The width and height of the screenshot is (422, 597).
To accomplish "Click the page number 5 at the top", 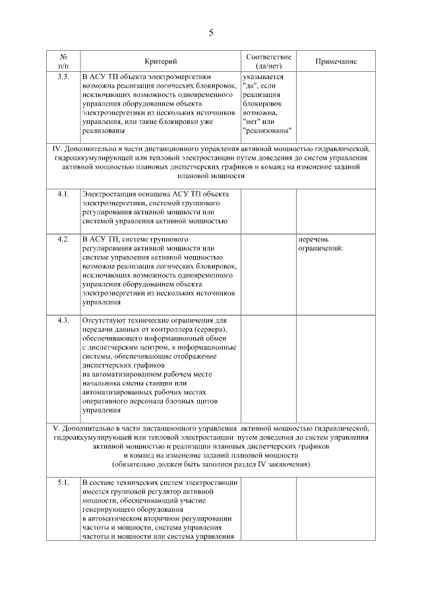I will tap(211, 32).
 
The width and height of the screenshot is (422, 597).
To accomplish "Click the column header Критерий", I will tap(161, 61).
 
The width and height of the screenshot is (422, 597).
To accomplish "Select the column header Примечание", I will tap(336, 61).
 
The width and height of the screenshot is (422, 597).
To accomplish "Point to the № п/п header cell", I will tap(63, 61).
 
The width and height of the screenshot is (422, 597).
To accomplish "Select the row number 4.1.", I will tap(63, 194).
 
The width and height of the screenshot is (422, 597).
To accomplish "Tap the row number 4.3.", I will tap(63, 320).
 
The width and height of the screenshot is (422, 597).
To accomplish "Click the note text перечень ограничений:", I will tap(321, 243).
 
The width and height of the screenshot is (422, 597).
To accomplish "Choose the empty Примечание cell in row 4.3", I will tap(336, 365).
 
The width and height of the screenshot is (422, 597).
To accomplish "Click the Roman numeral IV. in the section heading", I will tap(57, 148).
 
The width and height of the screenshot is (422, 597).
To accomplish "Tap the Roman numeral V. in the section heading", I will tap(57, 428).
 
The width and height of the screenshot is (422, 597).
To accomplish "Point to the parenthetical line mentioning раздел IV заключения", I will tap(211, 464).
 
